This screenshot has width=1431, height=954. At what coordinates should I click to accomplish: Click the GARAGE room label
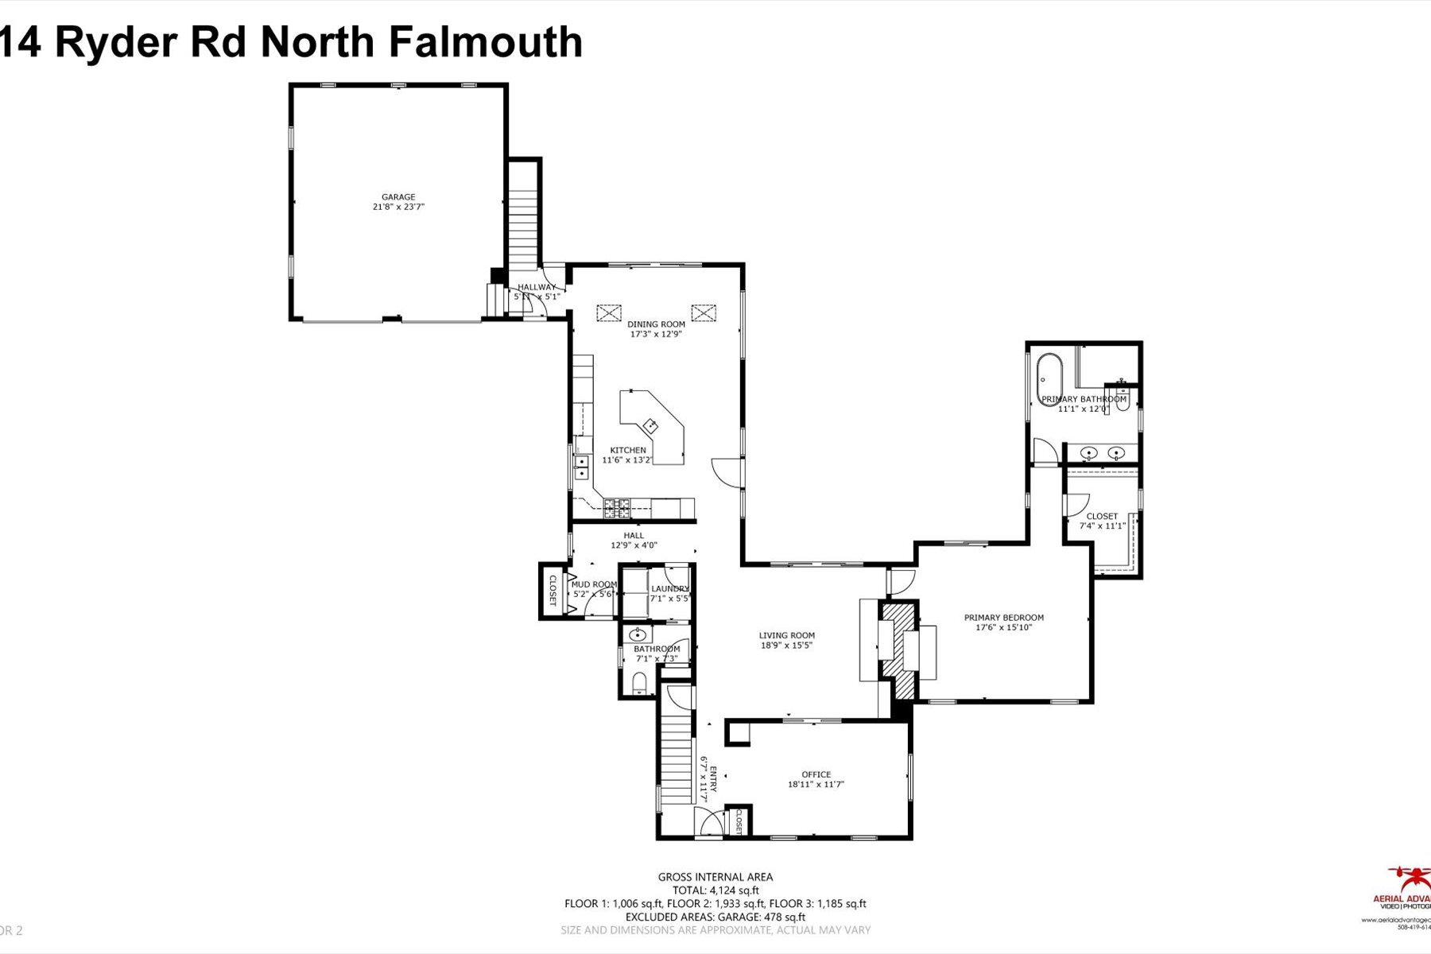[x=398, y=197]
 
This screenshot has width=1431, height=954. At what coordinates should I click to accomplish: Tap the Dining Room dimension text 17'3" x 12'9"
[x=656, y=335]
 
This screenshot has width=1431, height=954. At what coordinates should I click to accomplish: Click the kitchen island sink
[x=651, y=425]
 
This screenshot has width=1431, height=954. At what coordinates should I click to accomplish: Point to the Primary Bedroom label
[x=1003, y=618]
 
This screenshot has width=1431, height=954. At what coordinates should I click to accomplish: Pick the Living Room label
[x=786, y=635]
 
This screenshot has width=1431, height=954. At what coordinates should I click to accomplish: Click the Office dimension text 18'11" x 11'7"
[x=816, y=785]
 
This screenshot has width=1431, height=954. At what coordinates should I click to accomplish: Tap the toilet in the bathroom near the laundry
[x=639, y=683]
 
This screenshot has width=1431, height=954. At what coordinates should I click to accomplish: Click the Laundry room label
[x=669, y=589]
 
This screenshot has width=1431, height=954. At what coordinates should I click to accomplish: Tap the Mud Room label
[x=594, y=584]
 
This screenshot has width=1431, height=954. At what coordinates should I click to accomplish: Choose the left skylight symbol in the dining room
[x=608, y=313]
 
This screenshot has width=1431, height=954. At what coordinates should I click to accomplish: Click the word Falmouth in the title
[x=486, y=42]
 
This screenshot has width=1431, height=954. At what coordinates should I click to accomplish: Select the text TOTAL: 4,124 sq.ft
[x=715, y=890]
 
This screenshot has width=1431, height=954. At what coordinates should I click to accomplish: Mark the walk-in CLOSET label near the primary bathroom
[x=1102, y=516]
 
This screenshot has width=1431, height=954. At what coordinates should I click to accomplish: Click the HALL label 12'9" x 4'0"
[x=634, y=536]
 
